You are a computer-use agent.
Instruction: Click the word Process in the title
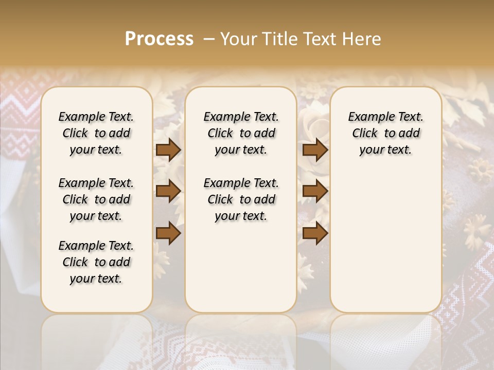coord(159,39)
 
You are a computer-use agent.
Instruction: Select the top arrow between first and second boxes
coord(168,150)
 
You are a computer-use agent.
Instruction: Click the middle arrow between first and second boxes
coord(168,191)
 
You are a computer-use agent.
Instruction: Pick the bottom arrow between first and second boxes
coord(168,233)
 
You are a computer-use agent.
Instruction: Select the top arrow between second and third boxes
coord(315,150)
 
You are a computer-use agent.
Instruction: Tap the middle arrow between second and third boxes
coord(315,191)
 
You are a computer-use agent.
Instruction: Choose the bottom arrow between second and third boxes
coord(315,233)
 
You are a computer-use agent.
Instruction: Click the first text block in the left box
coord(96,133)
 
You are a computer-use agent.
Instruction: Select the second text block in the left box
coord(96,199)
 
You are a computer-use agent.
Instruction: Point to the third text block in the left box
coord(96,262)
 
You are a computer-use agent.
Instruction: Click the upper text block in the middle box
coord(241,133)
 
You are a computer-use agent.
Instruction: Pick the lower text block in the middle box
coord(241,199)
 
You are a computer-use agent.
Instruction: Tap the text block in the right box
coord(386,133)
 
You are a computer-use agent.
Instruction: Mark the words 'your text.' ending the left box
coord(96,279)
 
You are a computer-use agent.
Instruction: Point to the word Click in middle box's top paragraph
coord(220,134)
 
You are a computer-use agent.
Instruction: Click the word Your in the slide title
coord(236,39)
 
